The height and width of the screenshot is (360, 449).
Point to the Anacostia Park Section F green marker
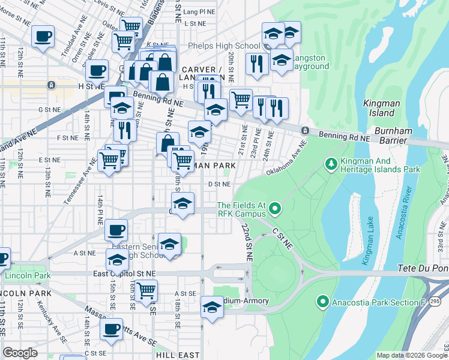pos(323,301)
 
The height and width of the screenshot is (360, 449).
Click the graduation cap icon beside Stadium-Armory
pos(212,307)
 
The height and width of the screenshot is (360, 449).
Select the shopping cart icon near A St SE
pos(146,290)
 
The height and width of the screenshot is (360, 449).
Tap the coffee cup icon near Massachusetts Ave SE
pos(110,328)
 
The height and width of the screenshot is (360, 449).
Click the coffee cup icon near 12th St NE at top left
pos(43,36)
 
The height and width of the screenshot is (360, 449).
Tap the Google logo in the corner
pos(20,353)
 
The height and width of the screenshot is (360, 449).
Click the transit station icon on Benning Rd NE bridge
pos(305,131)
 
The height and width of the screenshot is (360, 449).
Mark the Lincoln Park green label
pos(25,276)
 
